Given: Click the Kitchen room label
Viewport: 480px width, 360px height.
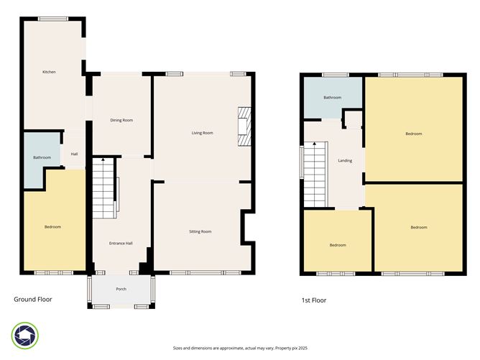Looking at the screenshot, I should (x=49, y=72).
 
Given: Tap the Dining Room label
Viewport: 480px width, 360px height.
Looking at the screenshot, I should (x=121, y=120).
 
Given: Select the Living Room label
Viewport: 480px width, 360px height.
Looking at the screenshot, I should (x=202, y=133).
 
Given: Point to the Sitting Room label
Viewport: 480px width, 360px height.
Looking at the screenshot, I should (x=200, y=231).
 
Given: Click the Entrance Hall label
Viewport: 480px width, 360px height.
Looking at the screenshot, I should (x=121, y=244).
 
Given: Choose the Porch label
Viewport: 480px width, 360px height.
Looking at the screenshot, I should (x=121, y=290).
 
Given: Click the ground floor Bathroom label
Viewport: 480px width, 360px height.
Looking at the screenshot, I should (x=42, y=157).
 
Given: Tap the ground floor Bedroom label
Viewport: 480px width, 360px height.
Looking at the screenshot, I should (x=52, y=227).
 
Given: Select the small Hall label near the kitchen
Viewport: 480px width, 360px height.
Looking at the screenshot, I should (x=74, y=153).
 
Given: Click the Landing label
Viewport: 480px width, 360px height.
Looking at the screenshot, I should (x=345, y=160).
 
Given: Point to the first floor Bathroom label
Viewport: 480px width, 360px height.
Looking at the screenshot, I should (x=332, y=98).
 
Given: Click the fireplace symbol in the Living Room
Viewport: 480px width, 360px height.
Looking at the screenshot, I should (x=245, y=126).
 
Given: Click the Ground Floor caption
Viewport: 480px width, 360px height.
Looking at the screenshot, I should (x=33, y=299).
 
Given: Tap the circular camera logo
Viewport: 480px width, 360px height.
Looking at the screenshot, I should (x=24, y=335).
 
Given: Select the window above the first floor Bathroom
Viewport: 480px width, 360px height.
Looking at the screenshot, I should (x=331, y=75).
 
